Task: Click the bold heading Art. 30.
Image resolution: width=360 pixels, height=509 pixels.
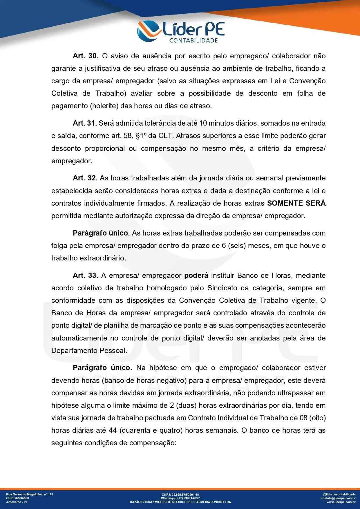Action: [x=86, y=56]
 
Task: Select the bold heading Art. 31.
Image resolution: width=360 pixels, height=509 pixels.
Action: [x=85, y=123]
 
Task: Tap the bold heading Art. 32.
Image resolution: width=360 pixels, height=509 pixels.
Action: [x=85, y=178]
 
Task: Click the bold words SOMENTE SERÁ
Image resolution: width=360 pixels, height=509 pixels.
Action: [x=296, y=203]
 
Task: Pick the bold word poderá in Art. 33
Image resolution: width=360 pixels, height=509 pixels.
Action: [x=196, y=276]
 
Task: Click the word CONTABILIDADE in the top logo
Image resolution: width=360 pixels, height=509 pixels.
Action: [x=193, y=41]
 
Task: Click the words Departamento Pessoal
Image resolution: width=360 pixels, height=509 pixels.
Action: [x=89, y=351]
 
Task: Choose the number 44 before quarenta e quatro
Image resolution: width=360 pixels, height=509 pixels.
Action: [x=113, y=430]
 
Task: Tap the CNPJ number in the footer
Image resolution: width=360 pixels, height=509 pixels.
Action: [x=186, y=494]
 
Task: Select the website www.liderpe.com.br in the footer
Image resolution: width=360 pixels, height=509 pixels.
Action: [x=341, y=502]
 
